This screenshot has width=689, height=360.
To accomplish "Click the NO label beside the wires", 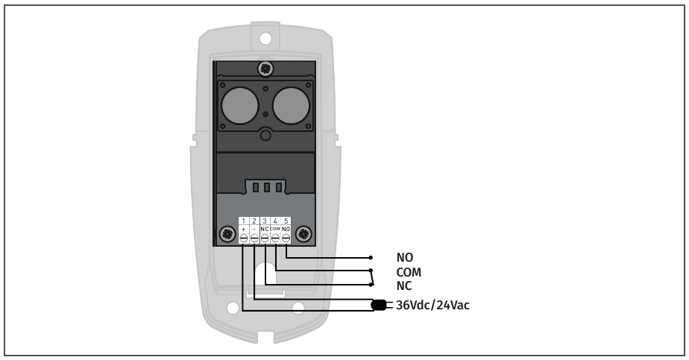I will point(404,258).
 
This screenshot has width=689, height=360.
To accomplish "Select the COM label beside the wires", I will point(409,272).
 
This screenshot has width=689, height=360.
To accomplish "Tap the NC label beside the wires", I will point(403,285).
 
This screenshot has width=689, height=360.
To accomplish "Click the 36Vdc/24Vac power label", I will point(432,305).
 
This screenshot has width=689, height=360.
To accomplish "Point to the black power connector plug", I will point(379,305).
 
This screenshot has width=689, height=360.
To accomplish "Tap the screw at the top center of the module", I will point(265,69).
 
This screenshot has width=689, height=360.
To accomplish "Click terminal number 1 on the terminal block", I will point(243,221).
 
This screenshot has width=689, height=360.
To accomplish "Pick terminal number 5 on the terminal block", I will point(286,221).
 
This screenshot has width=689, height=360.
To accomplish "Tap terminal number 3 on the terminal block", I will point(265,221).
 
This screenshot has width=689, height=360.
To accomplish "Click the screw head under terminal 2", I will point(254,238).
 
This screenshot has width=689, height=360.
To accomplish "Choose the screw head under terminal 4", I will point(275,238).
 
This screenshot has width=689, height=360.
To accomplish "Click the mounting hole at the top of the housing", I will point(265,35).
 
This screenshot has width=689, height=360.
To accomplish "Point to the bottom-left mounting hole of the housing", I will point(233,307).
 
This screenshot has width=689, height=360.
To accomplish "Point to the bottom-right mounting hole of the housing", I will point(298,307).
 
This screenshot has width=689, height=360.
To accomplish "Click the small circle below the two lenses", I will point(265,136).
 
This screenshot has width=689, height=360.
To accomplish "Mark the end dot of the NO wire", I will point(371,258).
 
